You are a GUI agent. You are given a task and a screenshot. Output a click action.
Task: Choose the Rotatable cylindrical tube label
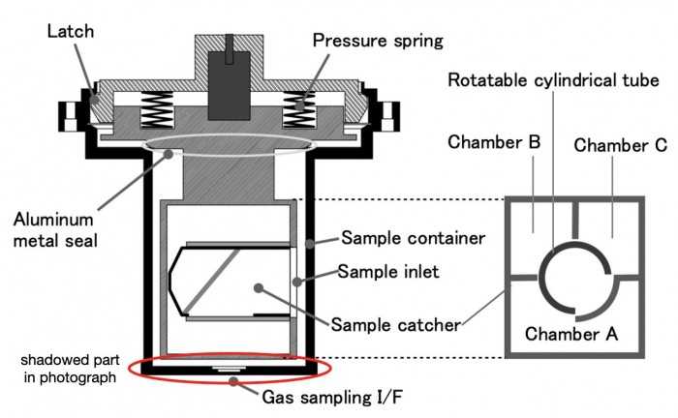[555, 79]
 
